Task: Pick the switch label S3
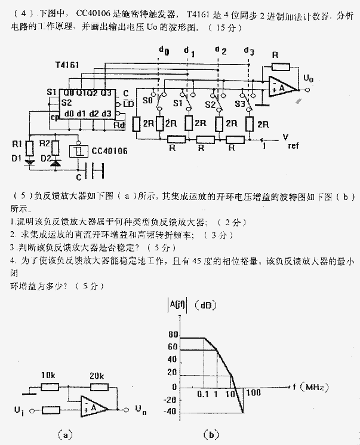pyautogui.click(x=240, y=103)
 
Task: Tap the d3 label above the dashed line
pyautogui.click(x=249, y=51)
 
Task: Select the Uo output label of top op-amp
pyautogui.click(x=308, y=78)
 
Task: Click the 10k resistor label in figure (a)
pyautogui.click(x=48, y=376)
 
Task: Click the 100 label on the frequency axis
pyautogui.click(x=253, y=393)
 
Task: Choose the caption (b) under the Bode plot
pyautogui.click(x=211, y=434)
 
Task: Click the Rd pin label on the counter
pyautogui.click(x=119, y=124)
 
